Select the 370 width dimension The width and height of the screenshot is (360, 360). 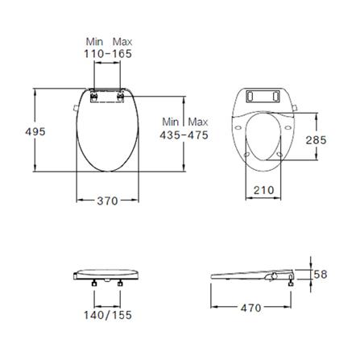(107, 201)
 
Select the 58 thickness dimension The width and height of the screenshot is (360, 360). (320, 275)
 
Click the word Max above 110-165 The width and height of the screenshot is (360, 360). (123, 40)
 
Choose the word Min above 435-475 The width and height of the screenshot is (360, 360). (171, 121)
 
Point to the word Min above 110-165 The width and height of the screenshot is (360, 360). (95, 40)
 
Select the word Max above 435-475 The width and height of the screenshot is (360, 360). (198, 121)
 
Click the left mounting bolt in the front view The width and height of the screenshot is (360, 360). (96, 283)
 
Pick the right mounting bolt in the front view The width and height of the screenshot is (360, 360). (120, 283)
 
